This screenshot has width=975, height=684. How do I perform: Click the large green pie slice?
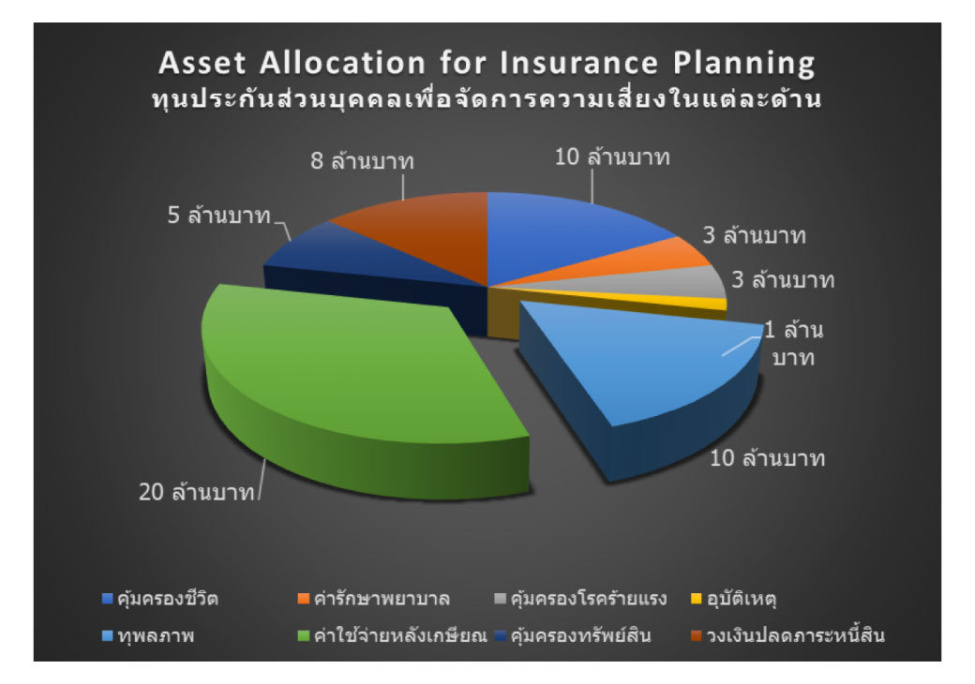click(x=348, y=379)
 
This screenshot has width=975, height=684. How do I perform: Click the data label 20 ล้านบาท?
click(x=197, y=492)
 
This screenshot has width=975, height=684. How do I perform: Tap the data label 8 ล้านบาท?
click(x=362, y=160)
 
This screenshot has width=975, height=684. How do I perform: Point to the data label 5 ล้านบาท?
click(x=218, y=215)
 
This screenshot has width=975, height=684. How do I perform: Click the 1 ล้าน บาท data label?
click(x=793, y=343)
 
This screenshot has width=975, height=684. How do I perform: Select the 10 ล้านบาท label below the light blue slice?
click(x=767, y=458)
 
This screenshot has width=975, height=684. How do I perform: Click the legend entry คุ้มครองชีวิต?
click(x=160, y=599)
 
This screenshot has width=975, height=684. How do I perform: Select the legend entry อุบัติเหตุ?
click(x=734, y=599)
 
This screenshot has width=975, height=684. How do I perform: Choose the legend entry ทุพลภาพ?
click(x=148, y=635)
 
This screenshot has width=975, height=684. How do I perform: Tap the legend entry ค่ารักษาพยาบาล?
click(x=374, y=599)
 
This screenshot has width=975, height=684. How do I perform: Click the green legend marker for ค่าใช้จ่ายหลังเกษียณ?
click(x=304, y=635)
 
